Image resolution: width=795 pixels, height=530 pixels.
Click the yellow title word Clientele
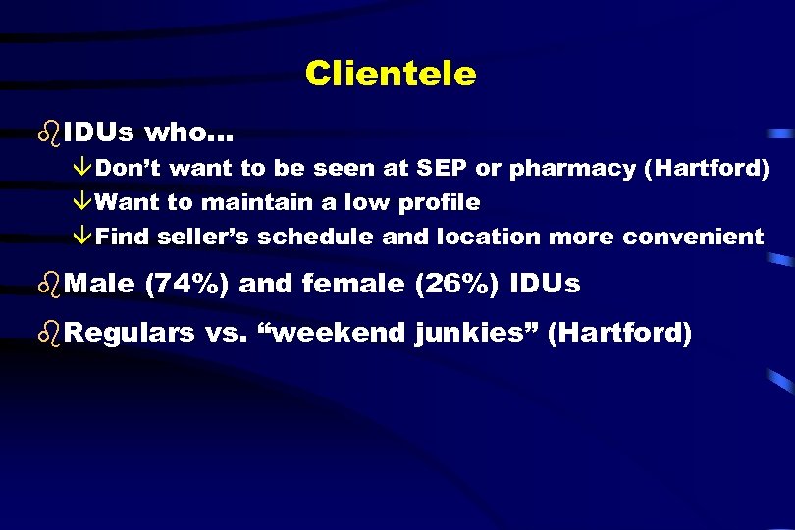tap(390, 74)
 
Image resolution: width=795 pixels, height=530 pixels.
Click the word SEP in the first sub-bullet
tap(443, 168)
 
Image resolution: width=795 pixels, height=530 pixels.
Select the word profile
tap(439, 202)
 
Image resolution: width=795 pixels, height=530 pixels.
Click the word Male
tap(101, 285)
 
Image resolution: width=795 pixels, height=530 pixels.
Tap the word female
tap(351, 285)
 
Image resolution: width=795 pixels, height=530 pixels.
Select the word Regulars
tap(131, 333)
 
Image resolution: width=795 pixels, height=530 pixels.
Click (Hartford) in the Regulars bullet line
tap(619, 333)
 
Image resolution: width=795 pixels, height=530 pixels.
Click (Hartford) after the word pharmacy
tap(705, 168)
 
